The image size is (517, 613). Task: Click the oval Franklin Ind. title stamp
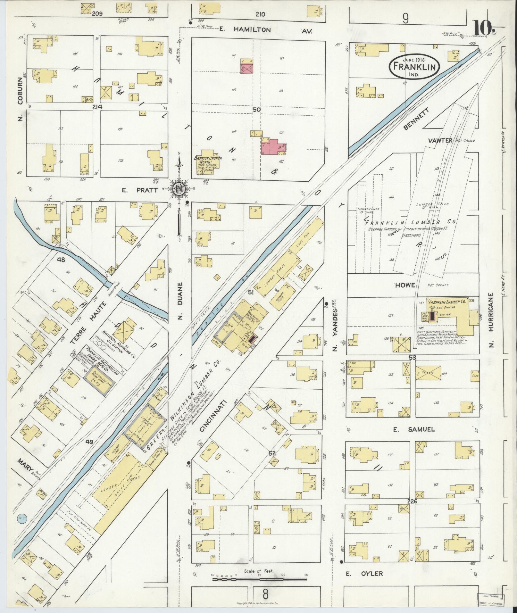pyautogui.click(x=414, y=67)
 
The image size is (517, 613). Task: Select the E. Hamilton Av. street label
pyautogui.click(x=266, y=30)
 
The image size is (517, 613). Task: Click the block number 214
pyautogui.click(x=97, y=107)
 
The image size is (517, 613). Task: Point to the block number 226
pyautogui.click(x=412, y=501)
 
